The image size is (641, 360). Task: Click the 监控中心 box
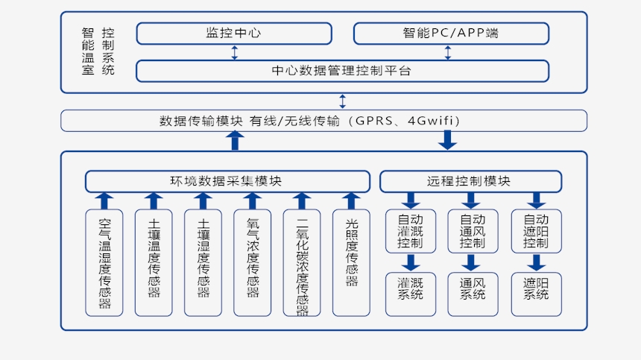[x=234, y=34]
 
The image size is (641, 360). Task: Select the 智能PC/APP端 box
[x=451, y=34]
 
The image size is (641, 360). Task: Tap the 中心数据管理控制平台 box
[x=342, y=71]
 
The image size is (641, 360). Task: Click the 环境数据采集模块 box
[x=227, y=181]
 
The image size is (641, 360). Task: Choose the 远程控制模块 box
[x=470, y=181]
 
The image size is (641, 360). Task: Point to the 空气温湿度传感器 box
[x=104, y=262]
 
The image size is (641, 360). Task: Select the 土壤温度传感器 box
[x=154, y=262]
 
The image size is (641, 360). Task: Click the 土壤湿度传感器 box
[x=203, y=262]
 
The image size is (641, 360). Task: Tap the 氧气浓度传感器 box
[x=252, y=262]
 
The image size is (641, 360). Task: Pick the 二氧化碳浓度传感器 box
[x=302, y=262]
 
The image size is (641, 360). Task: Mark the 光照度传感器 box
[x=351, y=262]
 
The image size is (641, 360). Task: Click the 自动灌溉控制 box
[x=410, y=231]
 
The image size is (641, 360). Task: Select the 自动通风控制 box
[x=473, y=231]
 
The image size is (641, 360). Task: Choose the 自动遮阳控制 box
[x=536, y=231]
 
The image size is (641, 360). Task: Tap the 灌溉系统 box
[x=410, y=294]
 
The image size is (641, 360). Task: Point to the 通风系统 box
[x=473, y=294]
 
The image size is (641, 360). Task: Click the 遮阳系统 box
[x=536, y=294]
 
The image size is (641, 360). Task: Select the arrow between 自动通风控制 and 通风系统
[x=470, y=263]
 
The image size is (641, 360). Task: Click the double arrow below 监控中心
[x=235, y=52]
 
